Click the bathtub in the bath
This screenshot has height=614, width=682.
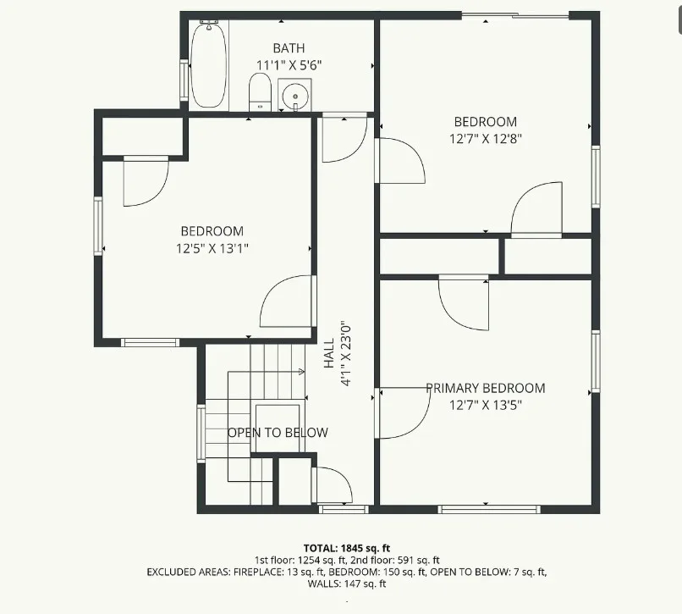(x=209, y=64)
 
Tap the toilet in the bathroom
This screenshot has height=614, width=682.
(x=260, y=91)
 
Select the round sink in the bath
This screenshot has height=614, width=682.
(x=295, y=95)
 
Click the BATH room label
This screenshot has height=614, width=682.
(x=289, y=48)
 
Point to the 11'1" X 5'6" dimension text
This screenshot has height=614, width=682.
(x=289, y=65)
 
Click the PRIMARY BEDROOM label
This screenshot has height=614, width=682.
(x=486, y=388)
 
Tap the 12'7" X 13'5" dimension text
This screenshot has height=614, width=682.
(x=486, y=406)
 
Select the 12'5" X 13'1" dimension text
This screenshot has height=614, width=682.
(x=212, y=249)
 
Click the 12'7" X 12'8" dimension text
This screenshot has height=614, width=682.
(x=486, y=139)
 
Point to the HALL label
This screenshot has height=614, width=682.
(x=329, y=353)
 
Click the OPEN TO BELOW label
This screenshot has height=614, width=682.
(x=278, y=433)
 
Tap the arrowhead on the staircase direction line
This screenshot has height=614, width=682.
(x=302, y=372)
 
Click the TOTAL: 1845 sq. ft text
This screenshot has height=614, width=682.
(x=347, y=548)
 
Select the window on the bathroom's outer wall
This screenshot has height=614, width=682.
(x=184, y=81)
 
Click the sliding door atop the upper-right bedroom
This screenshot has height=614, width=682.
(x=515, y=16)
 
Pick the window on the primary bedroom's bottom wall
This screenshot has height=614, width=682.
(x=489, y=510)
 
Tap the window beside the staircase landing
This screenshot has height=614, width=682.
(x=201, y=434)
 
